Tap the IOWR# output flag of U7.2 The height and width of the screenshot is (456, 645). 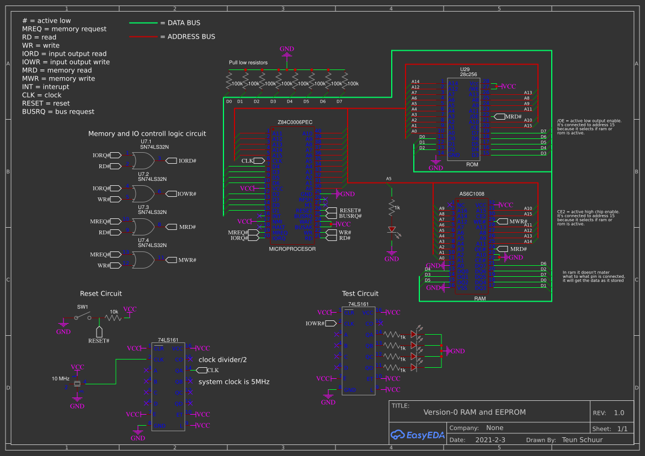point(186,194)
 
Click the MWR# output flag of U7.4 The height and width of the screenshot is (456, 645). point(186,260)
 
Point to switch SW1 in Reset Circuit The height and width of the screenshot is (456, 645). point(83,316)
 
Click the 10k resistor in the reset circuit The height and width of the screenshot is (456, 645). point(114,318)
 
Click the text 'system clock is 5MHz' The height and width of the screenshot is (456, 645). point(234,382)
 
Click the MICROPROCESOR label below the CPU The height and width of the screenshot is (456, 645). point(292,249)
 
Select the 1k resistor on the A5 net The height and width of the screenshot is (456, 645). point(392,207)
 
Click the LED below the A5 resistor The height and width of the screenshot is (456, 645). point(392,229)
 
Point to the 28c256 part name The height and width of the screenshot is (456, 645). point(468,73)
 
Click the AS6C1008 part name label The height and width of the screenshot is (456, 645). point(472,194)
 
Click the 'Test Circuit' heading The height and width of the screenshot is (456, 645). point(360,293)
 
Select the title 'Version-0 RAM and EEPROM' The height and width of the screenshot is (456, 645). point(475,412)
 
